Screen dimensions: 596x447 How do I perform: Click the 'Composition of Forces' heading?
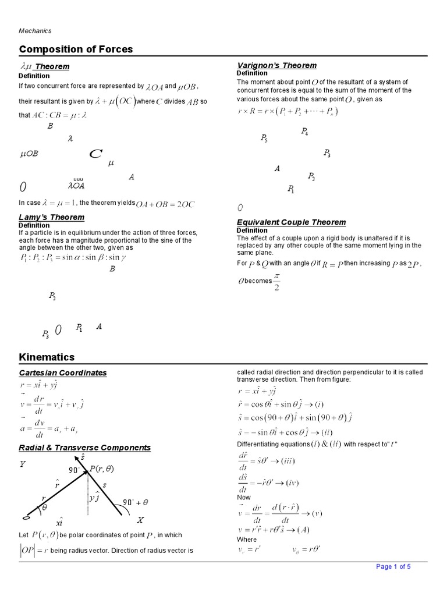76,49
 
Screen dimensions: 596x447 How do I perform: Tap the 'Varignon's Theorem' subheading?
276,65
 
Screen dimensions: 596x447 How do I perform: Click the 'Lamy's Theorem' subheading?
51,217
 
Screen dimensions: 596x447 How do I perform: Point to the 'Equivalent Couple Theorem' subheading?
291,222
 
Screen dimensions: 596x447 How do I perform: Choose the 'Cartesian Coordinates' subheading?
63,372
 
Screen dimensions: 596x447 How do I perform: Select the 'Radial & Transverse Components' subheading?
84,448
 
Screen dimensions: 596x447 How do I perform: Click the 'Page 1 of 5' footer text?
393,567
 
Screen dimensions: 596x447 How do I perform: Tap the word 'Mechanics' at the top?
36,31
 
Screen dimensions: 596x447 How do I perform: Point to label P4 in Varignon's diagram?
304,132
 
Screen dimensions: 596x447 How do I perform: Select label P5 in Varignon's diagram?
264,139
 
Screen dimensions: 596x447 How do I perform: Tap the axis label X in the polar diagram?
140,520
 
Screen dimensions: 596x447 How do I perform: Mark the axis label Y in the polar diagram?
23,464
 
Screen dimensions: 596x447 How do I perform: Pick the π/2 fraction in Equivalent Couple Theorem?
276,281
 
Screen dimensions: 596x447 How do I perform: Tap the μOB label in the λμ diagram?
29,154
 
